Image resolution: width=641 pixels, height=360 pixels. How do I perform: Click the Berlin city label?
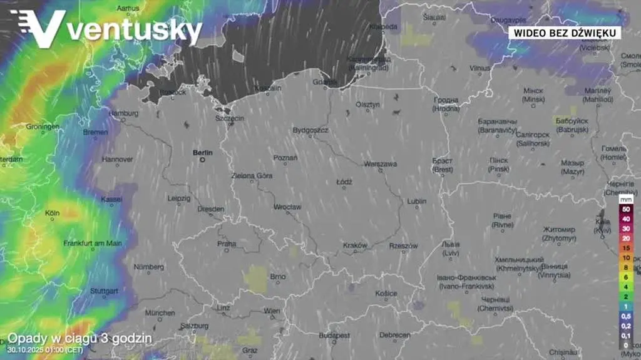(203, 152)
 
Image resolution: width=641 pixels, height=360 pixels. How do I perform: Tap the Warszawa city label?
(381, 164)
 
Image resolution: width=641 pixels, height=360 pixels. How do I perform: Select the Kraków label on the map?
(355, 245)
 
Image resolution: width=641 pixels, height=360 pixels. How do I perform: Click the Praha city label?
(227, 243)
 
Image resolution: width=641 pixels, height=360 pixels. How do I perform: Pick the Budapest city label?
(334, 336)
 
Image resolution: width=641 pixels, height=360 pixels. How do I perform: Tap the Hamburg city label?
(123, 113)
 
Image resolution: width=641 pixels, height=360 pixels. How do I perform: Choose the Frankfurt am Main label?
(93, 243)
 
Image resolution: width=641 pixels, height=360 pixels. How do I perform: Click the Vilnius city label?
(480, 68)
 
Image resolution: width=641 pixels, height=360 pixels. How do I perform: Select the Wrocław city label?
(287, 207)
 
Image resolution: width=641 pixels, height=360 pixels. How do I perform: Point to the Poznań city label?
(285, 158)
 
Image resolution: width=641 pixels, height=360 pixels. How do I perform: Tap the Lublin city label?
(416, 202)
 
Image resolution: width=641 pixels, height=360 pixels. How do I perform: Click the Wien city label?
(272, 311)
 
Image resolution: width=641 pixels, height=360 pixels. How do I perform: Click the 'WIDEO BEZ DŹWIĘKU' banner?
(564, 32)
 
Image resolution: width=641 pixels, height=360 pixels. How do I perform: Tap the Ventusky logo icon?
(37, 29)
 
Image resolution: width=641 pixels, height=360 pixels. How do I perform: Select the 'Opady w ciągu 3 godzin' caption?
(79, 338)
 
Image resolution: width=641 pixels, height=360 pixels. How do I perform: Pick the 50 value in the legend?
(626, 210)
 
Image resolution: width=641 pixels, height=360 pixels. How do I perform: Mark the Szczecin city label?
(229, 118)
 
